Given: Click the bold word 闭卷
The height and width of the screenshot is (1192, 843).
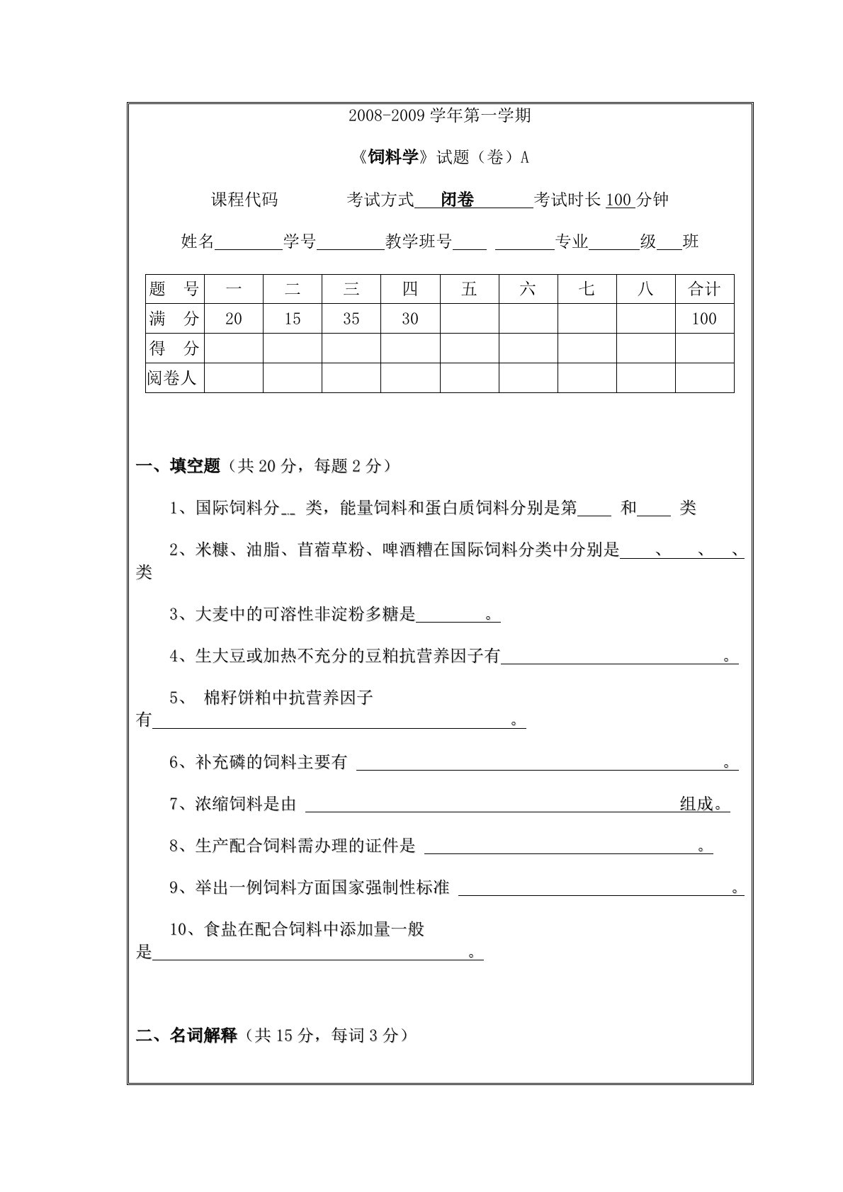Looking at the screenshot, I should [458, 200].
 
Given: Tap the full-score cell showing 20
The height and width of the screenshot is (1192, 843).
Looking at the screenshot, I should [234, 319].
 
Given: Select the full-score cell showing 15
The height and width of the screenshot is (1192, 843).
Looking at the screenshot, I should [293, 319].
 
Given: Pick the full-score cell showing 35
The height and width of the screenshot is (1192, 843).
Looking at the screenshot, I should [351, 319].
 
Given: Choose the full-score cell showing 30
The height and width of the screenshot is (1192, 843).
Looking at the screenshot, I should [410, 319].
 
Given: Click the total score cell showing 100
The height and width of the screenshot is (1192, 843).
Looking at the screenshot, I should [704, 319].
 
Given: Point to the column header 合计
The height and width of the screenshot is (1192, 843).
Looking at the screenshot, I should [704, 290].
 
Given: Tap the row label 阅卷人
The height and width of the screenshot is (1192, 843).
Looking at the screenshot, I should [171, 378].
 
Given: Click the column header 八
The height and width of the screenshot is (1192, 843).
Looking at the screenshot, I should [645, 290].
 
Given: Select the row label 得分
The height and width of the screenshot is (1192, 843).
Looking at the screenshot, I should [174, 348].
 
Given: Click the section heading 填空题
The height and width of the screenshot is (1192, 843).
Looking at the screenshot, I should [195, 466].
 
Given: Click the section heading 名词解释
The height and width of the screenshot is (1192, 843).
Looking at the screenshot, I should [203, 1036].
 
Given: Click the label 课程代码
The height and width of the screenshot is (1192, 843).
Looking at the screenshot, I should [244, 200].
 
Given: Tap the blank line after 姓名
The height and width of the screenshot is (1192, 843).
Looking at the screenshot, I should [248, 244].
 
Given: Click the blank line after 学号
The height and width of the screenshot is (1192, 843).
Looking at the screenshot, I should [350, 244].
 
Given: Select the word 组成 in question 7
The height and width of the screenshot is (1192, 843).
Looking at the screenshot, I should [696, 805].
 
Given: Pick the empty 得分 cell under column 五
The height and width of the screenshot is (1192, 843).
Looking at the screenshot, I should [469, 348].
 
